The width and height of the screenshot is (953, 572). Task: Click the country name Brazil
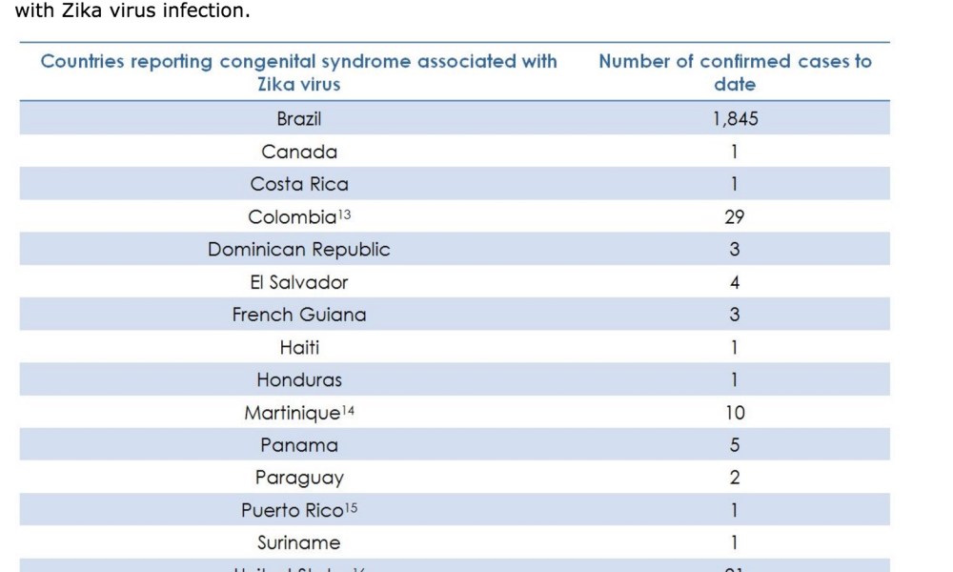pyautogui.click(x=299, y=119)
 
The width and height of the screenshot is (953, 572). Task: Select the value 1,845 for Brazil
pyautogui.click(x=735, y=119)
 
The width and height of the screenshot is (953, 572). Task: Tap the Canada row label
pyautogui.click(x=299, y=152)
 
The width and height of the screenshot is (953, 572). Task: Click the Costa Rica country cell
pyautogui.click(x=299, y=184)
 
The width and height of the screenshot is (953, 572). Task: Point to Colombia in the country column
pyautogui.click(x=293, y=217)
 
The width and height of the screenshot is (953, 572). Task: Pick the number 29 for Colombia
pyautogui.click(x=735, y=217)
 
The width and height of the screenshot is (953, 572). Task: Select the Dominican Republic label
pyautogui.click(x=299, y=250)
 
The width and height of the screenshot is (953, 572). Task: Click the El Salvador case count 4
pyautogui.click(x=735, y=282)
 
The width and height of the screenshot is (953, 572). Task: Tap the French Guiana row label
pyautogui.click(x=299, y=315)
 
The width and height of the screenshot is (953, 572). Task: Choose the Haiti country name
pyautogui.click(x=299, y=347)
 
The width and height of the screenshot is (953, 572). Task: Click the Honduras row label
pyautogui.click(x=299, y=379)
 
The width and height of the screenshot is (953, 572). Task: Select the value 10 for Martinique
pyautogui.click(x=735, y=413)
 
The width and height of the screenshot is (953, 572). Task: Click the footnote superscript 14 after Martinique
pyautogui.click(x=349, y=408)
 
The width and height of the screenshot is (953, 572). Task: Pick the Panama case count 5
pyautogui.click(x=735, y=445)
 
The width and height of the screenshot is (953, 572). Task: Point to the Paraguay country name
pyautogui.click(x=299, y=478)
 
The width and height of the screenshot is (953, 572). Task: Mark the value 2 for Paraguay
pyautogui.click(x=735, y=478)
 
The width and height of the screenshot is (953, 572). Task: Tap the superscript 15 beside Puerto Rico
pyautogui.click(x=351, y=505)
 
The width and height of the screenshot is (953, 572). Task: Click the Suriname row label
pyautogui.click(x=299, y=542)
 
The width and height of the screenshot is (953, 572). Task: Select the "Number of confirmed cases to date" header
pyautogui.click(x=735, y=72)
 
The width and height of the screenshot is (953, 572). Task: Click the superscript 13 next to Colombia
pyautogui.click(x=344, y=213)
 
